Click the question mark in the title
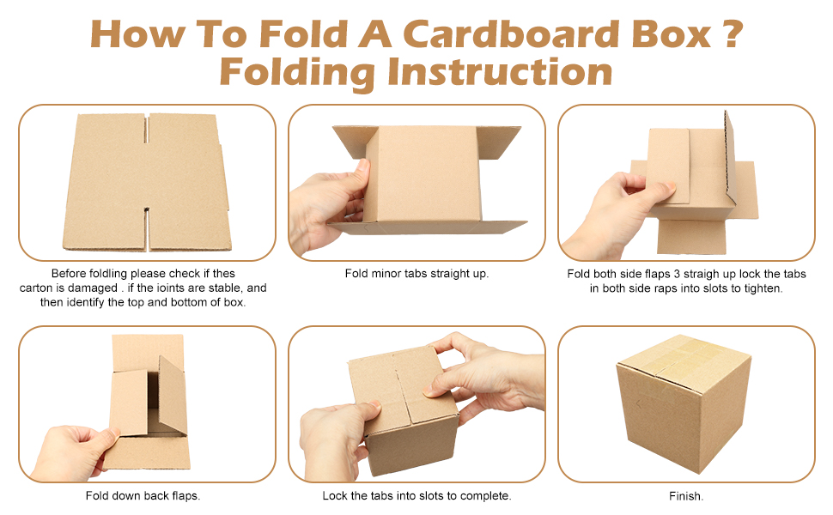pos(727,33)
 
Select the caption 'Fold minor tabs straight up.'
pos(416,274)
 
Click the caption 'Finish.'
pos(686,496)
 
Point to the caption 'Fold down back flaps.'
pos(143,496)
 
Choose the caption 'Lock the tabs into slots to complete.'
pos(416,496)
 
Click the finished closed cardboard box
pos(683,401)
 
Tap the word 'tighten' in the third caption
pos(761,289)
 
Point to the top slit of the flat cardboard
pos(147,129)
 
